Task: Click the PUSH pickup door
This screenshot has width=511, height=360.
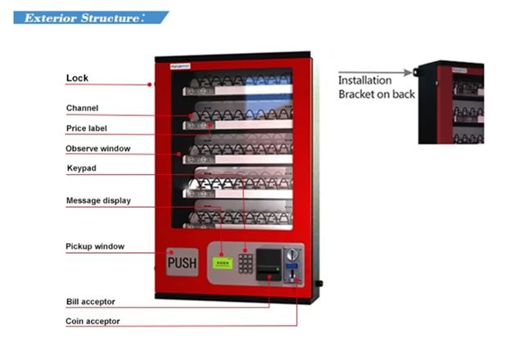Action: coord(182,263)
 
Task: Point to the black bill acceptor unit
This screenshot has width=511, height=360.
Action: coord(267,262)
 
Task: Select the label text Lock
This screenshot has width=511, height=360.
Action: coord(77,79)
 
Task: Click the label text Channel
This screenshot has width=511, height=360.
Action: coord(82,108)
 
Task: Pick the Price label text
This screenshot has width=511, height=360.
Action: coord(86,128)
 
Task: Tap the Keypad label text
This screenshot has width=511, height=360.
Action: coord(80,169)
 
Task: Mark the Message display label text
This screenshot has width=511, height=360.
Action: coord(97,200)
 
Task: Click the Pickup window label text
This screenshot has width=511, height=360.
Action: coord(94,246)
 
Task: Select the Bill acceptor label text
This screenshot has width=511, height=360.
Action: coord(90,302)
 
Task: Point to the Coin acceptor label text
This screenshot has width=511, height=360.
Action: coord(93,322)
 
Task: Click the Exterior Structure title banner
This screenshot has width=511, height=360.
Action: coord(90,17)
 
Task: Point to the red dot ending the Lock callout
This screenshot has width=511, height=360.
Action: coord(149,84)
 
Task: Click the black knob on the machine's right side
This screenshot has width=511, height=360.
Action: coord(318,284)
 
